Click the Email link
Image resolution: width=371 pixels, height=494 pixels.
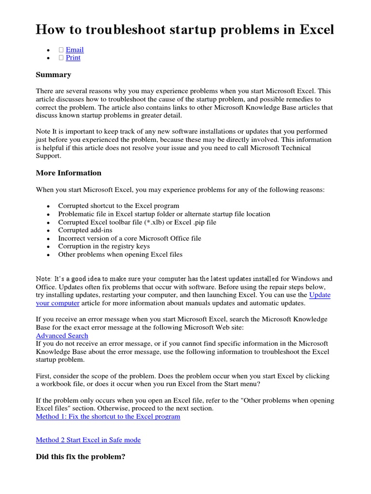click(74, 50)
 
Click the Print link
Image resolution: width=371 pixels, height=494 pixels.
click(73, 58)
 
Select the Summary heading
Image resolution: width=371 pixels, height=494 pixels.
click(53, 75)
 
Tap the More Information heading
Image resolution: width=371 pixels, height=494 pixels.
click(69, 173)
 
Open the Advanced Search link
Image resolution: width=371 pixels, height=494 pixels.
click(62, 336)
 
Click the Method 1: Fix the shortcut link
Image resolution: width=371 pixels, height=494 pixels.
click(108, 416)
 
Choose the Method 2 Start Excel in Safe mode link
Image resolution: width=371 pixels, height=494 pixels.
click(88, 440)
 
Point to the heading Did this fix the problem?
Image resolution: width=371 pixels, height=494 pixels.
click(80, 456)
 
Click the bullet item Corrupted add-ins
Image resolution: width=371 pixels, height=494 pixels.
click(85, 230)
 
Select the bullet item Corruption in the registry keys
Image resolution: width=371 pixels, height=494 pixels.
click(104, 246)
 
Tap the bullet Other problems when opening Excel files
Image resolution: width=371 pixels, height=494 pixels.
click(120, 254)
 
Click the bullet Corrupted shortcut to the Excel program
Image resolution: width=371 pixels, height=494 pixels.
click(118, 206)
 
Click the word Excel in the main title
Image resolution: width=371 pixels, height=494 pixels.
click(316, 30)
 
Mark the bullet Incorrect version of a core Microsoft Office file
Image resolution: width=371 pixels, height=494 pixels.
click(129, 238)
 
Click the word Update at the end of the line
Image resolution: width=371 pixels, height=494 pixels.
click(320, 295)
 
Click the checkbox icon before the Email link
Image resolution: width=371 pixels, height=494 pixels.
click(61, 50)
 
